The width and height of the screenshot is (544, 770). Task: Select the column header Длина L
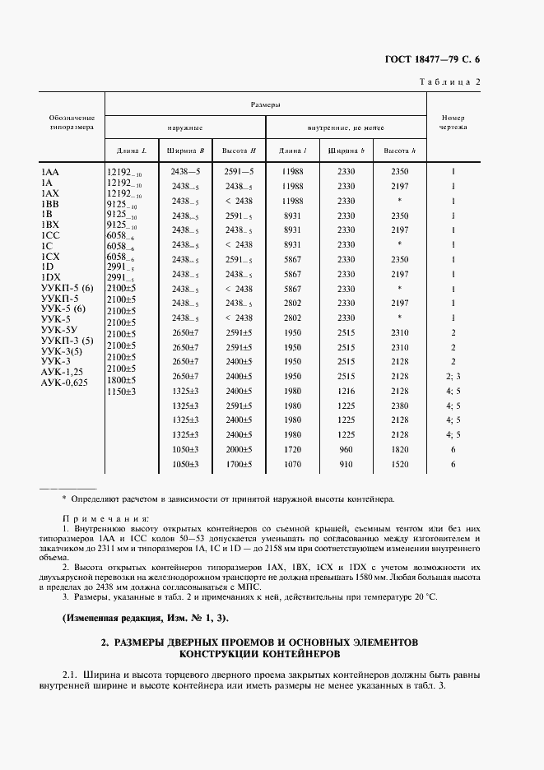click(132, 151)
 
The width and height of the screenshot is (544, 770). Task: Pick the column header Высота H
click(239, 151)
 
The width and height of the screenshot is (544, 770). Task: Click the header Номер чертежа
click(453, 123)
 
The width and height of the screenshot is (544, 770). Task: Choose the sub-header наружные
click(185, 128)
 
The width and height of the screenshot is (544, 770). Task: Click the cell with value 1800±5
click(122, 381)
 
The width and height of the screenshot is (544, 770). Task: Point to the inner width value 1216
click(346, 391)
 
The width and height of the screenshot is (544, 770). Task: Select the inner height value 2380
click(399, 406)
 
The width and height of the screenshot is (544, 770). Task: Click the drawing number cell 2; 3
click(453, 376)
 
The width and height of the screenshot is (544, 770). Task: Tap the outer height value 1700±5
click(239, 464)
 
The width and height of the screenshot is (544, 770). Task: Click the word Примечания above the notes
click(106, 520)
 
